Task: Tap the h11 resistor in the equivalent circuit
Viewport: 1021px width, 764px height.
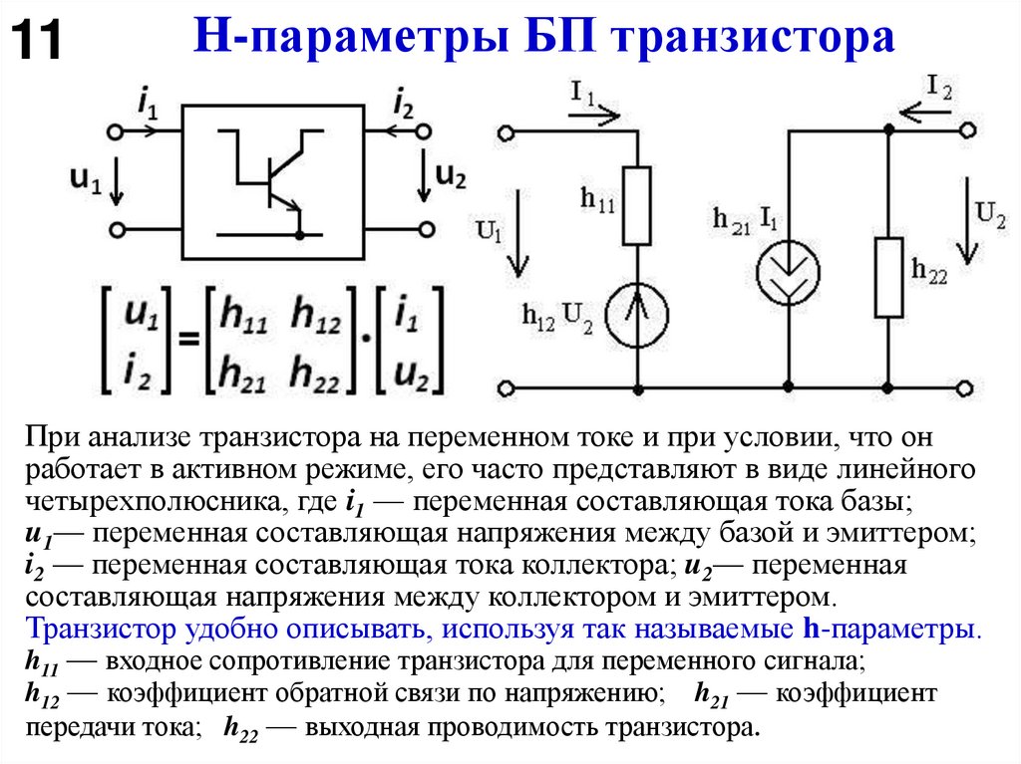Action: [x=636, y=206]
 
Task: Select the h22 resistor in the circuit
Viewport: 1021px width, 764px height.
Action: [x=887, y=277]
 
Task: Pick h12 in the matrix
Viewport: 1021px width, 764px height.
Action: [x=316, y=314]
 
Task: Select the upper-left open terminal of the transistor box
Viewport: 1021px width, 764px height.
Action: [x=117, y=131]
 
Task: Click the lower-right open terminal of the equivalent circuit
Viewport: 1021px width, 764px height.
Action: [x=963, y=385]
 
